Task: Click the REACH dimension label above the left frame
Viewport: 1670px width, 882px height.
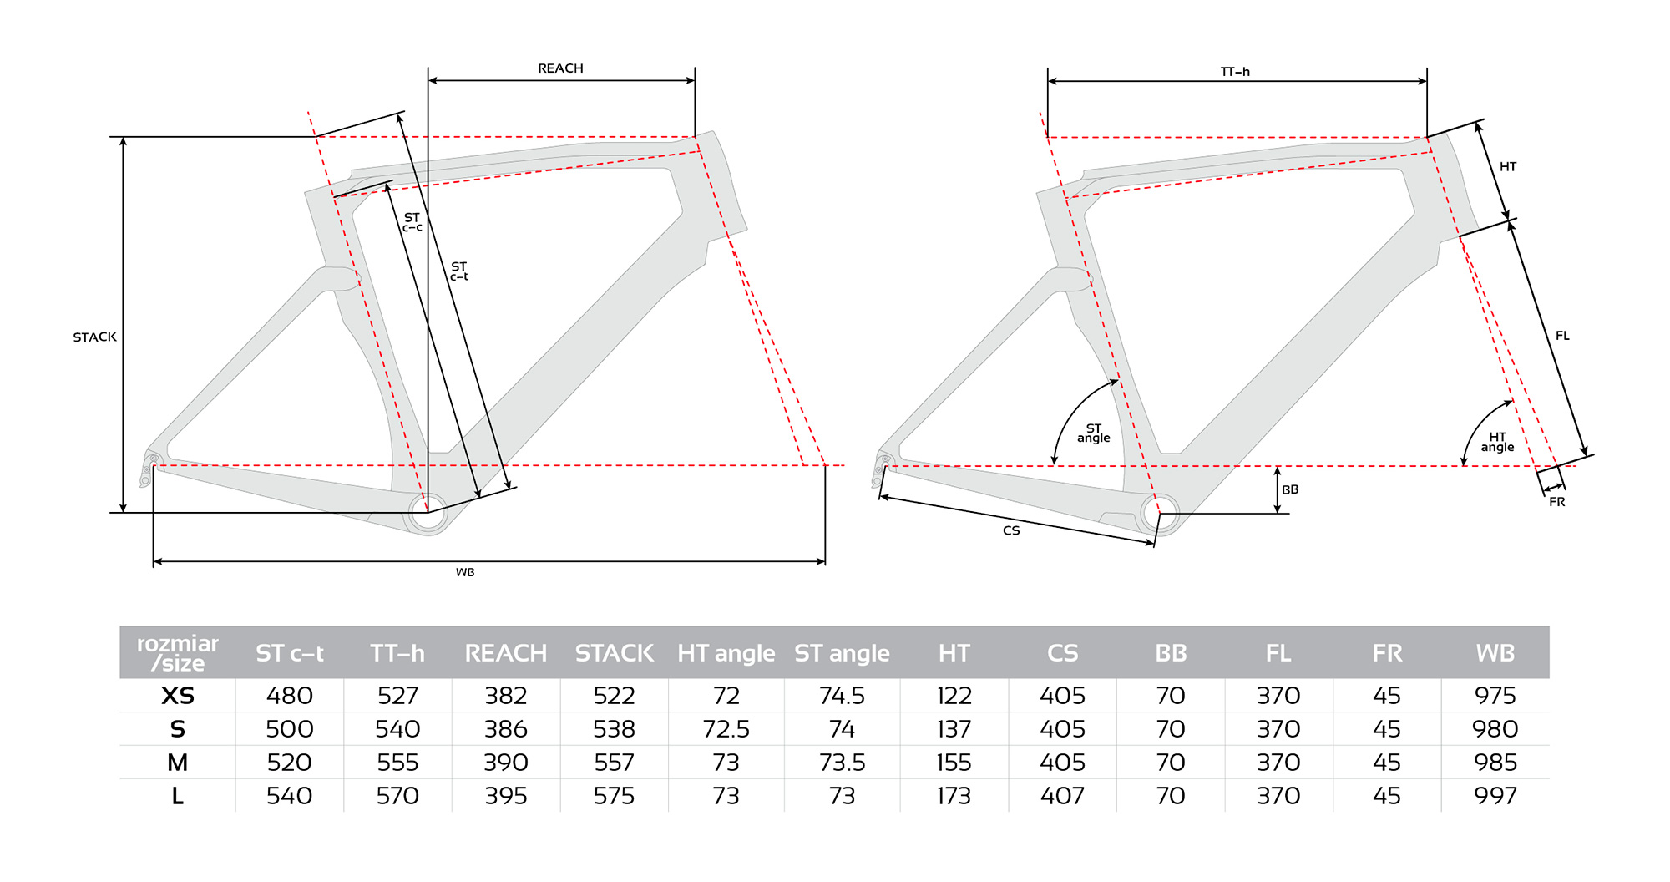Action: coord(560,68)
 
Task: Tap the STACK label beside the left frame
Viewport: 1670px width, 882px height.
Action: coord(94,337)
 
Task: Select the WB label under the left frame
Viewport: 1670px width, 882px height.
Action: coord(465,572)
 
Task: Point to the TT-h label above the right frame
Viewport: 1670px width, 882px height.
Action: coord(1235,72)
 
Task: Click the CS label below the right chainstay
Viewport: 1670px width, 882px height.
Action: coord(1011,530)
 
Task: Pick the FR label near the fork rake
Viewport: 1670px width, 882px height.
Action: coord(1556,502)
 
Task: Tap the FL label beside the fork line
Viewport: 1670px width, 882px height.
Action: coord(1562,336)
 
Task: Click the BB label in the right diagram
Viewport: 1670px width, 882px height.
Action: coord(1290,489)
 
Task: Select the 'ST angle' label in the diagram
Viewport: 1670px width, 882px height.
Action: coord(1094,433)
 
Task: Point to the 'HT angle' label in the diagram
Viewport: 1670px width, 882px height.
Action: coord(1497,442)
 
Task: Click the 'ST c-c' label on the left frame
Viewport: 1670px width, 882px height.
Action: coord(412,222)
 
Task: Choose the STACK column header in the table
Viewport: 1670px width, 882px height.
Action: coord(615,653)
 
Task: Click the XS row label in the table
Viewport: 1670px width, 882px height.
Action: coord(178,696)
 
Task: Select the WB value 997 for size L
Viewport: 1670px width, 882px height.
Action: coord(1495,796)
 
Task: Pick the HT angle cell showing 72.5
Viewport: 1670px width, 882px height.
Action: coord(726,729)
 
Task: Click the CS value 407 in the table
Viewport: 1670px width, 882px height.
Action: coord(1062,796)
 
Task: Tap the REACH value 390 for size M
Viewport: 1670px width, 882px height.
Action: coord(506,763)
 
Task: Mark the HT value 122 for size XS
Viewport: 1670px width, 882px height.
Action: coord(954,696)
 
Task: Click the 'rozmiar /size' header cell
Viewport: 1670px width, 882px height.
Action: coord(178,653)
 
